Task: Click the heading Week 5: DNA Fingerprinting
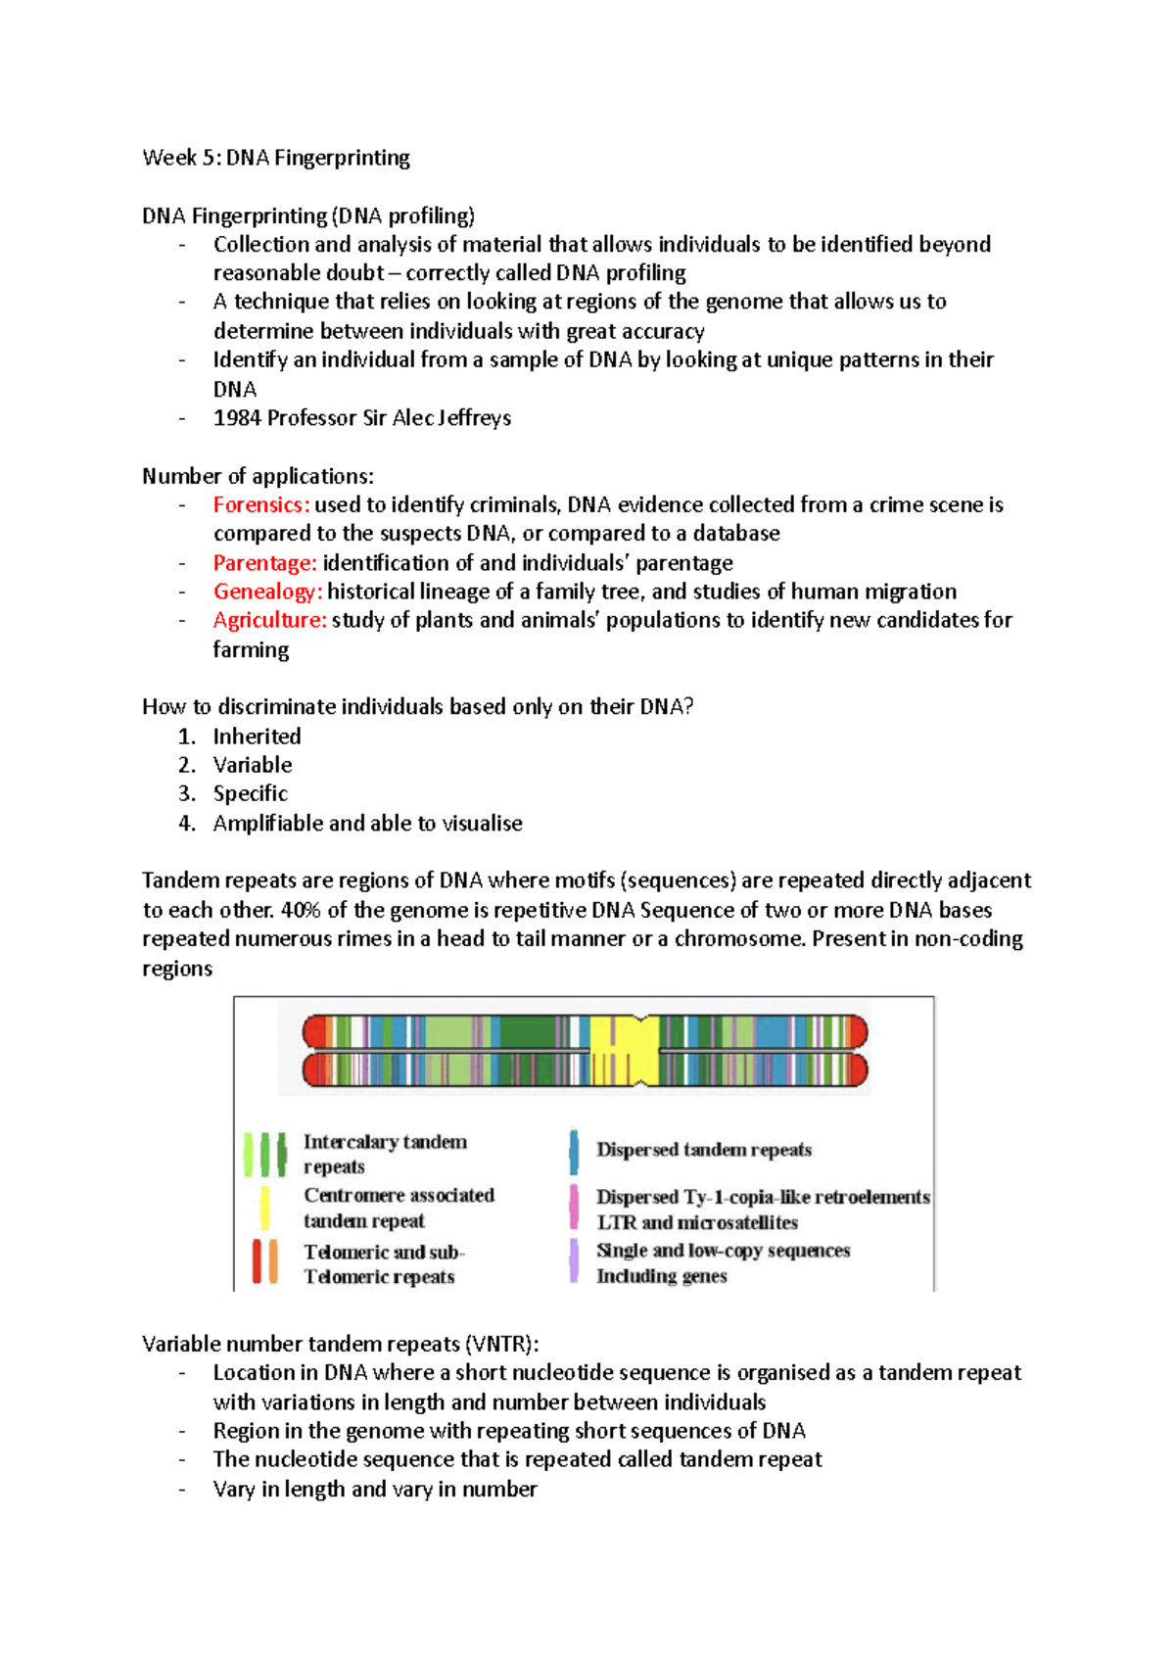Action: (275, 158)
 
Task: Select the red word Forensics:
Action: (260, 505)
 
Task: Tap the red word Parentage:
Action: (264, 563)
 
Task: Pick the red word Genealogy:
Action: (267, 592)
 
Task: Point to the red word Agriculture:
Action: (269, 620)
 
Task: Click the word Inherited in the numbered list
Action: (257, 736)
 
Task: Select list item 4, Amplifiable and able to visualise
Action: (367, 824)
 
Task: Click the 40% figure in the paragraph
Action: (301, 910)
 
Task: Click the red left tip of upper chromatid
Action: (313, 1032)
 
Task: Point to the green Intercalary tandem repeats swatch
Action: (264, 1155)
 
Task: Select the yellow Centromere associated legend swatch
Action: (264, 1208)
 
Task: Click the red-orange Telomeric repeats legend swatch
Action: (264, 1261)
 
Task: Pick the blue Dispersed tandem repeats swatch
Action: (574, 1153)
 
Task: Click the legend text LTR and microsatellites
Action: (697, 1223)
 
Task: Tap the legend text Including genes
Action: (662, 1276)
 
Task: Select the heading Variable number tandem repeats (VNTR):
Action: (340, 1345)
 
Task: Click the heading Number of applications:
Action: (258, 477)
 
